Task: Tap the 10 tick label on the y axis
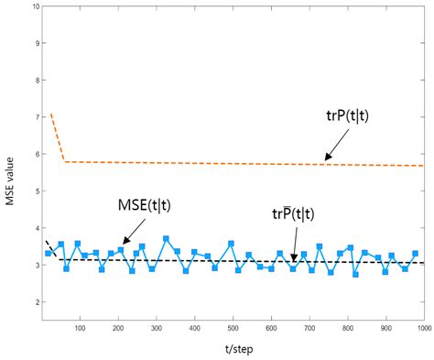[x=33, y=6]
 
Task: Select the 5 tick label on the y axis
[x=36, y=191]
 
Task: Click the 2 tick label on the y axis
[x=36, y=302]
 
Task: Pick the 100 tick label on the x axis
[x=80, y=325]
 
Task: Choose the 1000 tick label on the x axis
[x=422, y=325]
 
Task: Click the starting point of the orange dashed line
[x=50, y=114]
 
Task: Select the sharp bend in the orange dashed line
[x=64, y=162]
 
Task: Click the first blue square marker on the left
[x=49, y=253]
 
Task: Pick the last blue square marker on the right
[x=415, y=254]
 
